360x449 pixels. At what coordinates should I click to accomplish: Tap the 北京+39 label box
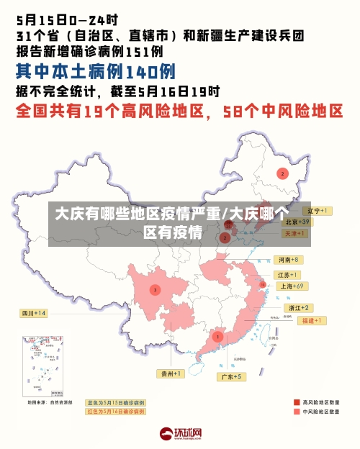tap(295, 222)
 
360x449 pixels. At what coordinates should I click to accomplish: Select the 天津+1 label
tap(296, 234)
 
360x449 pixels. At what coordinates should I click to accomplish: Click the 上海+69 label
tap(292, 286)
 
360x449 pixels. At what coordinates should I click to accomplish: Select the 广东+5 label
tap(232, 376)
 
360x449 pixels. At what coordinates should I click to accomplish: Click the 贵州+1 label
tap(171, 373)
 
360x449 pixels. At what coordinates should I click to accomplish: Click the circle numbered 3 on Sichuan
tap(154, 289)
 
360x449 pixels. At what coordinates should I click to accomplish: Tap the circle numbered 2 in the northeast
tap(283, 173)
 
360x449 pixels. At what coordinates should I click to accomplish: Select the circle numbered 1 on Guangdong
tap(217, 336)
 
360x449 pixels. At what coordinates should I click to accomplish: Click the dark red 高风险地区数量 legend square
tap(297, 402)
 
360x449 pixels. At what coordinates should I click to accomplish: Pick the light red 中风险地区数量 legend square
tap(297, 412)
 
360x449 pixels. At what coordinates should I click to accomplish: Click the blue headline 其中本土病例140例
tap(95, 72)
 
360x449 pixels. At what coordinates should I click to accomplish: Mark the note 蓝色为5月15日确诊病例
tap(115, 402)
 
